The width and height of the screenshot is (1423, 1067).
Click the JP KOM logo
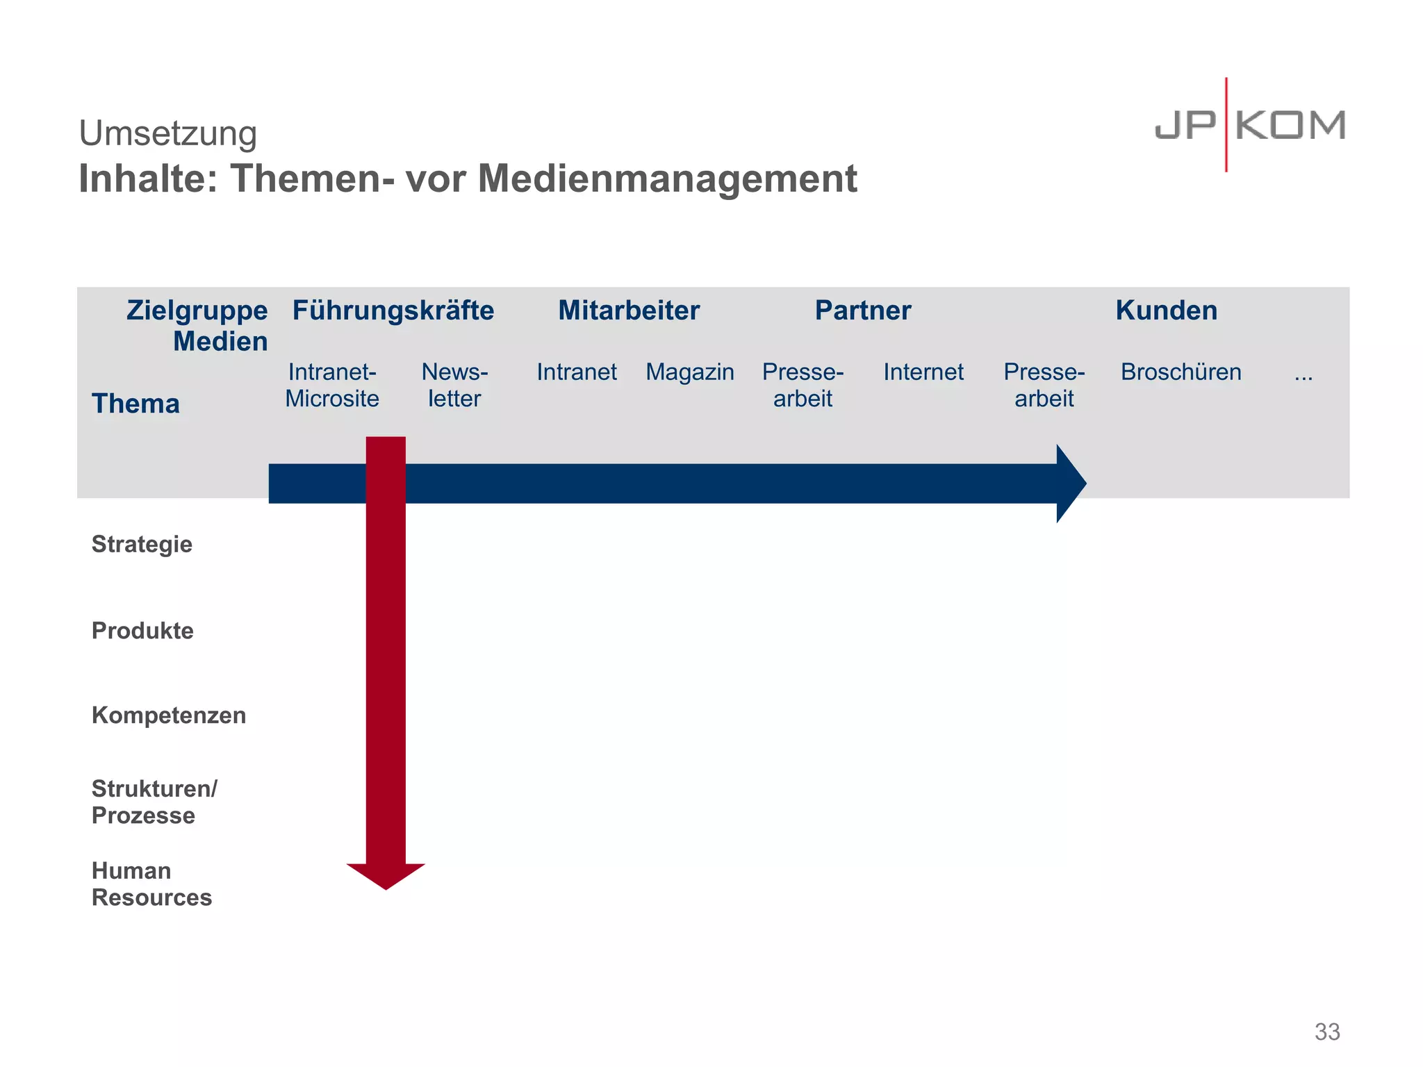click(1249, 126)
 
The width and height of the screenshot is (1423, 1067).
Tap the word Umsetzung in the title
click(167, 133)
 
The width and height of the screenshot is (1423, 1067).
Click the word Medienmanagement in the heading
click(667, 179)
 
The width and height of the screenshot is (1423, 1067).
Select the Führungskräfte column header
click(393, 311)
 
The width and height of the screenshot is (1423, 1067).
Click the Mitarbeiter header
click(628, 311)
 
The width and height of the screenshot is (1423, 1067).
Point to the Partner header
click(862, 311)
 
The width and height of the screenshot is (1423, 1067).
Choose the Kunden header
click(1166, 311)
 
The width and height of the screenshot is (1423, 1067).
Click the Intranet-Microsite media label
click(332, 385)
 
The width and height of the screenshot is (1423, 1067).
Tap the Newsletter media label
click(454, 385)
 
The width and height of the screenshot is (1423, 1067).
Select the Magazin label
click(689, 372)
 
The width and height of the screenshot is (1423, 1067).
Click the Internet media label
click(923, 372)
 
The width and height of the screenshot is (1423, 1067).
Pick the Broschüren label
click(1181, 372)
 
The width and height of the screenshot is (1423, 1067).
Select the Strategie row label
click(142, 544)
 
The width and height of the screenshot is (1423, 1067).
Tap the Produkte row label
click(142, 631)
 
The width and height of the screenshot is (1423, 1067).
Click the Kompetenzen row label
click(169, 716)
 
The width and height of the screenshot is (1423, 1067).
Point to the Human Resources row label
click(151, 884)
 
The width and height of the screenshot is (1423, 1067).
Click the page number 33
click(1326, 1032)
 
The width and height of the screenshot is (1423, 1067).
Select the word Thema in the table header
click(135, 404)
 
